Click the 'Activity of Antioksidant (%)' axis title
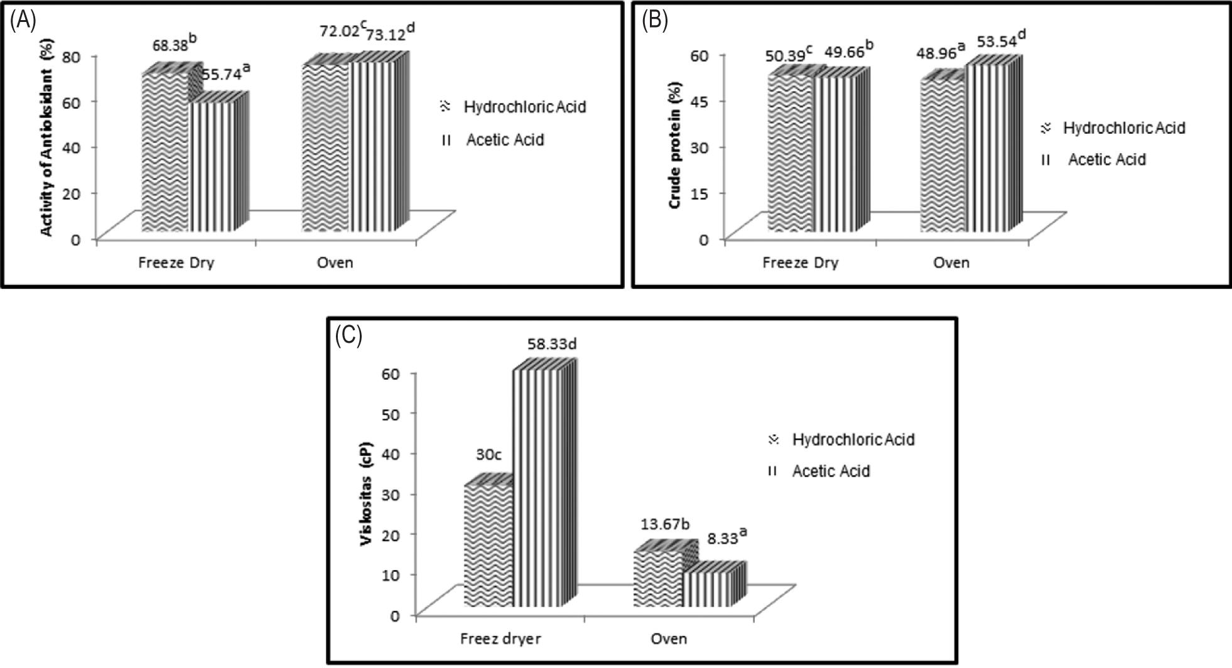tap(47, 137)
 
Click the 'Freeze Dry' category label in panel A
tap(176, 262)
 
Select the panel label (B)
tap(655, 21)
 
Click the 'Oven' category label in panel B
tap(951, 262)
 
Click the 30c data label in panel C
tap(489, 455)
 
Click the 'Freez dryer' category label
tap(500, 639)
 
